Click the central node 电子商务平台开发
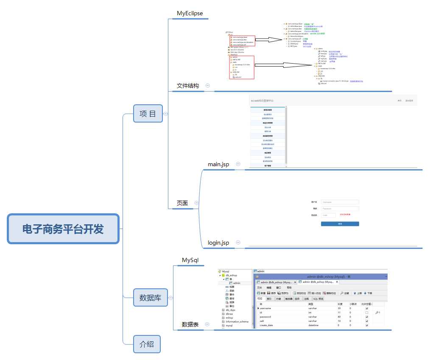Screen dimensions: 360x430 click(63, 229)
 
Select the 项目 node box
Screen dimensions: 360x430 click(148, 114)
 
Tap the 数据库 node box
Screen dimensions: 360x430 click(150, 298)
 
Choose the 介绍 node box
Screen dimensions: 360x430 click(147, 344)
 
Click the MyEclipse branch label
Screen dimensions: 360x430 click(190, 13)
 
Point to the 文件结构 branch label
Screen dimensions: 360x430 click(187, 86)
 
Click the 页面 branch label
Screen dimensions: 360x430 click(182, 204)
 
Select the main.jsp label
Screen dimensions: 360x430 click(218, 164)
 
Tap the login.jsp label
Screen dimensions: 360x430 click(218, 243)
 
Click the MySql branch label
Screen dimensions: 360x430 click(190, 260)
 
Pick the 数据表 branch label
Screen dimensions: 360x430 click(190, 324)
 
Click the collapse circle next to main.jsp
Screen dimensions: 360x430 click(238, 164)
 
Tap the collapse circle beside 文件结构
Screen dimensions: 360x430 click(207, 85)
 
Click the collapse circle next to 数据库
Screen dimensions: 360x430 click(171, 298)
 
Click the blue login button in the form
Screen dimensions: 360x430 click(340, 223)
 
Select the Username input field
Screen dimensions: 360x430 click(340, 202)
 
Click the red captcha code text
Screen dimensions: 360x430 click(345, 215)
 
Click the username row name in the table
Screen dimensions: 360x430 click(266, 308)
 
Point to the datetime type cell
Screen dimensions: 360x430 click(314, 325)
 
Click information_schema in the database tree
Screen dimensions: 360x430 click(237, 322)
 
